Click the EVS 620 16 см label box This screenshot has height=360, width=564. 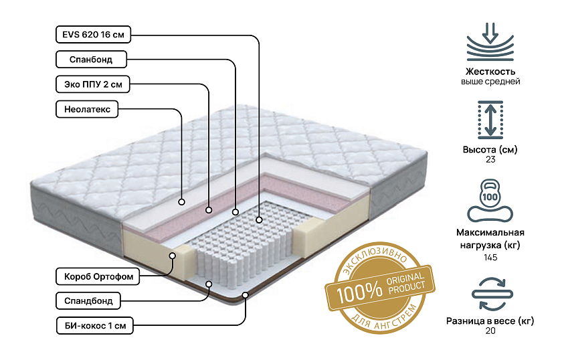pos(93,35)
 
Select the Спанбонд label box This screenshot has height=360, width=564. pos(91,60)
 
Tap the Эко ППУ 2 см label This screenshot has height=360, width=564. pos(93,84)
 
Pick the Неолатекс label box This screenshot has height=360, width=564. pos(87,109)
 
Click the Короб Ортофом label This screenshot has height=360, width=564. pos(98,276)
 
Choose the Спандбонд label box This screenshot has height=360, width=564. pos(88,300)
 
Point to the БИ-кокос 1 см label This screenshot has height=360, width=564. pos(94,326)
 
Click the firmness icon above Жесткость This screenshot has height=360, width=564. pos(490,42)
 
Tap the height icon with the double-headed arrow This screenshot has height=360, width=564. pos(490,120)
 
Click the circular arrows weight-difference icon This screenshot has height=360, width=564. pos(492,294)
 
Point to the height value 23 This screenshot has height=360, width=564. pos(490,159)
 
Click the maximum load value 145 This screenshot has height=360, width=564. pos(490,258)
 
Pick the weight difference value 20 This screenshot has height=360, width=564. pos(490,331)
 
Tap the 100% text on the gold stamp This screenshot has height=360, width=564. pos(359,291)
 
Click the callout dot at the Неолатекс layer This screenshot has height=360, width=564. pos(182,202)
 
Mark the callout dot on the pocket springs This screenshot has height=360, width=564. pos(259,219)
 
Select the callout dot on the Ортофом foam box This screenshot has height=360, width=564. pos(173,256)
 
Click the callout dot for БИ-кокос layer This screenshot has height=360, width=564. pos(246,295)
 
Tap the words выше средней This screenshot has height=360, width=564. pos(490,82)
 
